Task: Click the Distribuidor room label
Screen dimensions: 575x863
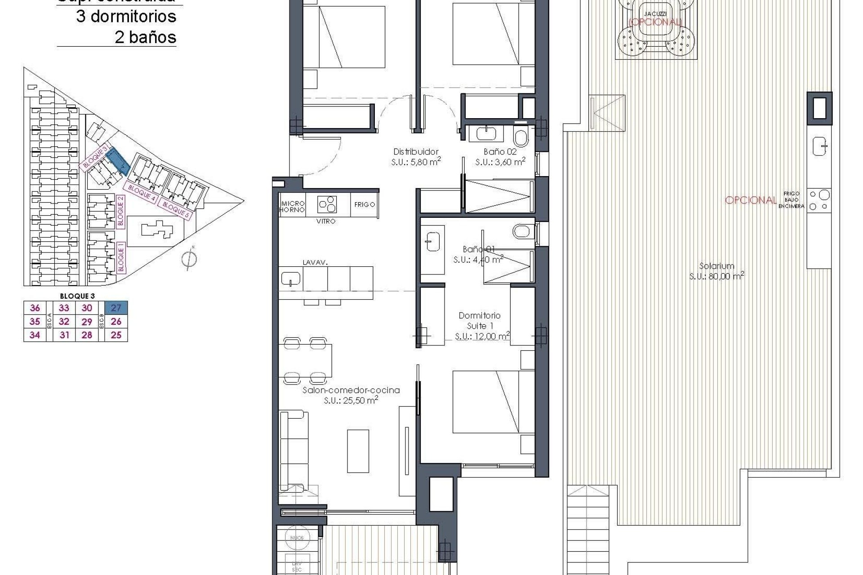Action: tap(416, 152)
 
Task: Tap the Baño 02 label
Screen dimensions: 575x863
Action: tap(500, 152)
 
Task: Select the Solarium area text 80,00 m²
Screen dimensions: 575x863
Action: tap(716, 276)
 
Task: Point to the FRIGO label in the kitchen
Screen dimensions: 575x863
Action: tap(365, 204)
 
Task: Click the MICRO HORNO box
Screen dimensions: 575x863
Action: tap(292, 207)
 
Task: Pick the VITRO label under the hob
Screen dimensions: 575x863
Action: tap(326, 221)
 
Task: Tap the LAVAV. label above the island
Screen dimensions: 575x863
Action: tap(314, 262)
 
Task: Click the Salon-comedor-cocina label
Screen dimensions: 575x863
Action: tap(351, 390)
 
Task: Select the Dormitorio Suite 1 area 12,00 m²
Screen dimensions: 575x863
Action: tap(482, 336)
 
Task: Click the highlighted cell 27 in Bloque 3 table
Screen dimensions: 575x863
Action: tap(116, 308)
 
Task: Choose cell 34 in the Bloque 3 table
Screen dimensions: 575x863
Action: tap(35, 335)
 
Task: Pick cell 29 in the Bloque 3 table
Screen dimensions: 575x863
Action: tap(87, 322)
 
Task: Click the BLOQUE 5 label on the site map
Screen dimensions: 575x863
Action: tap(175, 211)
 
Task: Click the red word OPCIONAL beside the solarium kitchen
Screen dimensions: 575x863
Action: tap(751, 200)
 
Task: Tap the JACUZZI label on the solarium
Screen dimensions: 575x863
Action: tap(654, 14)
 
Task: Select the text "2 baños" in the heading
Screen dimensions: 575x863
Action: tap(145, 37)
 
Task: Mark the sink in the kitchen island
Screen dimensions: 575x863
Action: tap(291, 279)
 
